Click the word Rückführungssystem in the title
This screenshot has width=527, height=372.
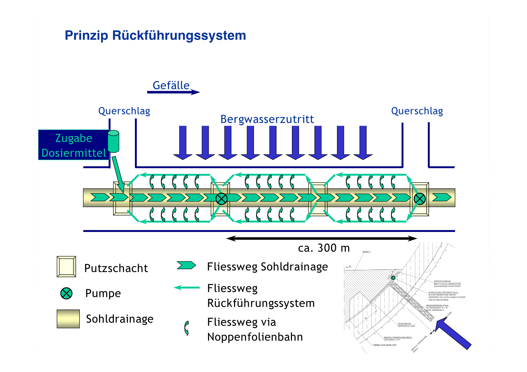[179, 35]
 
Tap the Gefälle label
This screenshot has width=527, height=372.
[171, 85]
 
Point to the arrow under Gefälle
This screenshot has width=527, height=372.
[173, 92]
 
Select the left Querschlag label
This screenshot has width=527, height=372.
[124, 111]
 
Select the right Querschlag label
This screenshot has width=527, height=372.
[417, 111]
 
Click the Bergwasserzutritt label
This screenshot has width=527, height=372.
[267, 119]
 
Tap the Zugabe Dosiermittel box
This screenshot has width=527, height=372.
[73, 145]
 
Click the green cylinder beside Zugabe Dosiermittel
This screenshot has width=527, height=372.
[113, 141]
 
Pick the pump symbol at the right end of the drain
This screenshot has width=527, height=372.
[419, 199]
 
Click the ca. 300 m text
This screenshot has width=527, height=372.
[324, 248]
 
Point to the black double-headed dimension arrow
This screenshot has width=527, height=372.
[321, 239]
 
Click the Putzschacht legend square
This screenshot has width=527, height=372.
[66, 267]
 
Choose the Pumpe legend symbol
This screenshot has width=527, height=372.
[66, 293]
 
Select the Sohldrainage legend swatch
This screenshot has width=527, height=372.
[68, 319]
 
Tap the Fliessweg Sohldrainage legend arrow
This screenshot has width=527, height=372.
[187, 265]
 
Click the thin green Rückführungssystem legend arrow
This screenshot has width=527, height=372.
[187, 288]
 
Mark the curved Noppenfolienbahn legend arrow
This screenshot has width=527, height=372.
[187, 328]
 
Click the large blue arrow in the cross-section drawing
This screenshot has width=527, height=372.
[453, 333]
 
